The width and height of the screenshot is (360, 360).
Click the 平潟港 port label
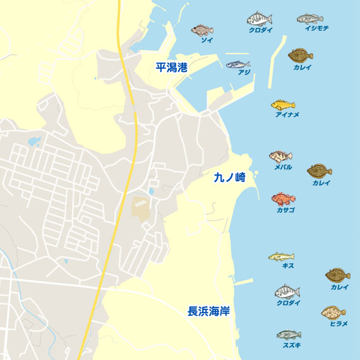click(x=172, y=67)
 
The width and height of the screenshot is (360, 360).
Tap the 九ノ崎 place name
click(x=229, y=179)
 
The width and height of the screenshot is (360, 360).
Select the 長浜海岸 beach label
click(x=208, y=311)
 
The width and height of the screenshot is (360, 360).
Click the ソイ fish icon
click(x=203, y=30)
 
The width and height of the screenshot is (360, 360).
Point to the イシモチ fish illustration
click(x=309, y=18)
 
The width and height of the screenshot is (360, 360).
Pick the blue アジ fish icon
click(x=238, y=64)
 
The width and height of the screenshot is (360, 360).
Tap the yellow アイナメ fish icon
click(x=284, y=105)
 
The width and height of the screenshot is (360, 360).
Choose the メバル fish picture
click(x=280, y=157)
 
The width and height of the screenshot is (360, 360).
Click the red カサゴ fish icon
click(x=284, y=199)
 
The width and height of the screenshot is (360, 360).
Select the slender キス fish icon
click(x=281, y=256)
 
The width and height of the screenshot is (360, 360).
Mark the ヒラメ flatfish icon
click(x=333, y=313)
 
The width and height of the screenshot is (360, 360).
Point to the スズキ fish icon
click(x=289, y=335)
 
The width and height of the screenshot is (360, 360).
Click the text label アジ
click(x=244, y=73)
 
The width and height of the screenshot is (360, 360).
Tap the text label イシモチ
click(x=316, y=28)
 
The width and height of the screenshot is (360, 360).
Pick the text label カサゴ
click(x=285, y=210)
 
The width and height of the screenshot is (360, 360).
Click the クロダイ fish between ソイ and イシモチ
click(x=259, y=18)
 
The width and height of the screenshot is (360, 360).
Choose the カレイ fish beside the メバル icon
click(x=320, y=171)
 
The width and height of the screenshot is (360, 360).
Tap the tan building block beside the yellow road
click(x=141, y=209)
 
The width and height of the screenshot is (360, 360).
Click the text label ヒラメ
click(x=339, y=323)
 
